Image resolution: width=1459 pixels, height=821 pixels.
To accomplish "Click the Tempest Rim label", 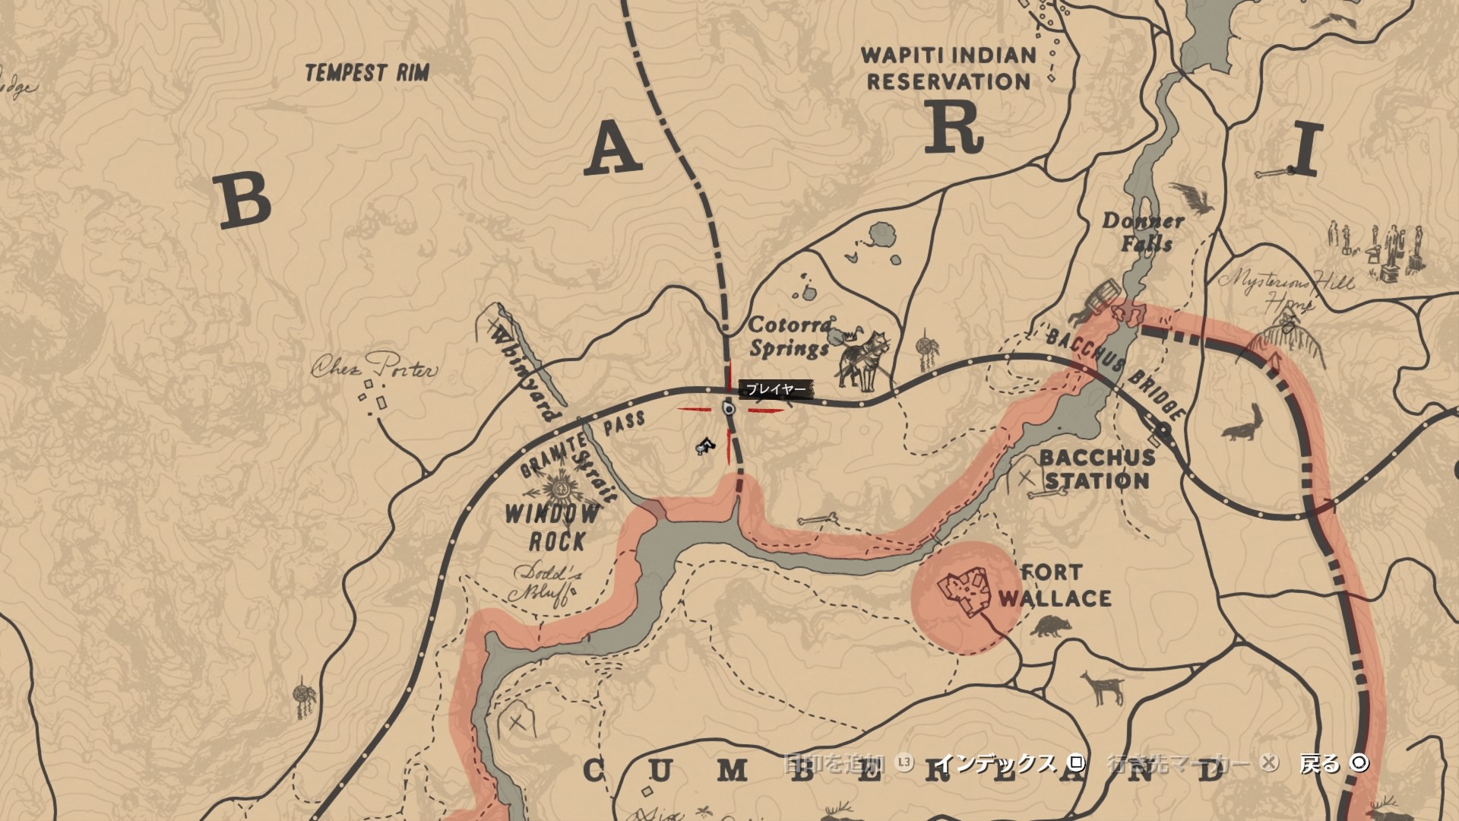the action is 367,73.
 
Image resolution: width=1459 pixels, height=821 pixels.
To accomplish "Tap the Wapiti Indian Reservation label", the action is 948,68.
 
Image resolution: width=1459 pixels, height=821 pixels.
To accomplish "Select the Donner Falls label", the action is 1144,232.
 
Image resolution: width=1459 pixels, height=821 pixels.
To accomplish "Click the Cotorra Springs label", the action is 790,337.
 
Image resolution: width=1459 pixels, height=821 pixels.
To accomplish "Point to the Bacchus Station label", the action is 1097,469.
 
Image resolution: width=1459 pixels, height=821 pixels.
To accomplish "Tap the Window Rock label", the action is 553,526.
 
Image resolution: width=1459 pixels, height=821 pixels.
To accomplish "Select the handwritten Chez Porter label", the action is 375,369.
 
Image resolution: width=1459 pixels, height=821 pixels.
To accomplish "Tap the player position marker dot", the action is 729,409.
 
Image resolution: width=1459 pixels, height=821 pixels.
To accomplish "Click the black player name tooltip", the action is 775,389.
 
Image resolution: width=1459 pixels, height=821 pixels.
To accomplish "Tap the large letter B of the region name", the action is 245,200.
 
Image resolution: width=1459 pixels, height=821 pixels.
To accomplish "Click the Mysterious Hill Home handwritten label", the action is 1286,290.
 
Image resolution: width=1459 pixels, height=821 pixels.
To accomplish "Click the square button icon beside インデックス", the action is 1076,763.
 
